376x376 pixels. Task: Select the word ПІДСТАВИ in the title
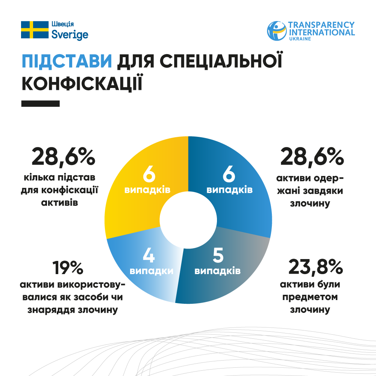[67, 61]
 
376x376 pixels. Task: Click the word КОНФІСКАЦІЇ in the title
[82, 83]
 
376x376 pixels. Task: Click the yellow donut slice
[128, 211]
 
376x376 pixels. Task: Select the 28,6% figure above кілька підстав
[63, 157]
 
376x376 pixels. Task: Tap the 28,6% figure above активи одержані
[312, 157]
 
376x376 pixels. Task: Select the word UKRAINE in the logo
[300, 39]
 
